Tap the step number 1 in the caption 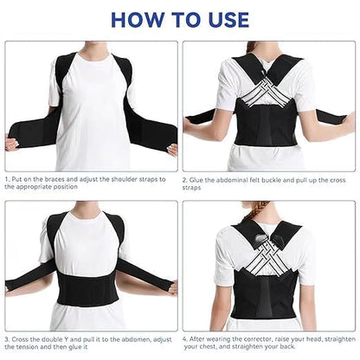click(x=7, y=179)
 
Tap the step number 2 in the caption click(x=185, y=179)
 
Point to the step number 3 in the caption click(x=7, y=337)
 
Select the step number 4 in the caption click(x=185, y=337)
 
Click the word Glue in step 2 click(x=199, y=179)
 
